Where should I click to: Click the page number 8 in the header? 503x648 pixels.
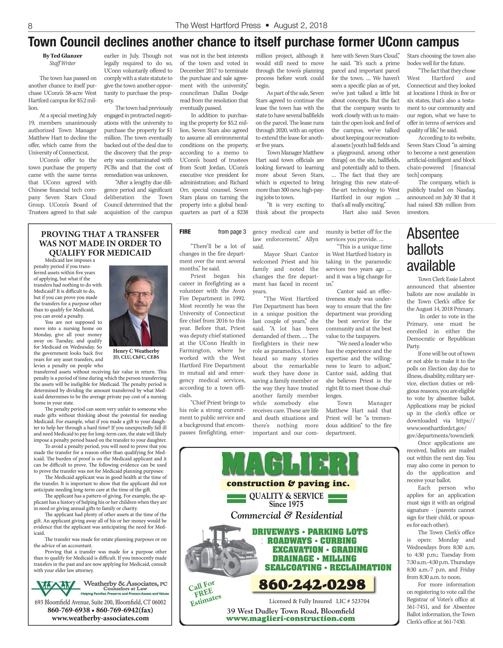coord(30,26)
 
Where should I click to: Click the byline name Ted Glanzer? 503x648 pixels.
coord(66,56)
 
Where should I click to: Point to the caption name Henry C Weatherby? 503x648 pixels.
coord(136,351)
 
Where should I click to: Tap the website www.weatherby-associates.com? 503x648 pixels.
coord(100,618)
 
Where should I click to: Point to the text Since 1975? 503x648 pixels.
coord(286,504)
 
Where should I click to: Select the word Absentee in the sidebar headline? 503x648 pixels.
coord(433,234)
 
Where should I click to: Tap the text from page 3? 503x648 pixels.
coord(232,232)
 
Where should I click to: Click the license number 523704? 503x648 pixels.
coord(360,601)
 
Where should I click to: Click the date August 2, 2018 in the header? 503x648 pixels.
coord(301,25)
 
